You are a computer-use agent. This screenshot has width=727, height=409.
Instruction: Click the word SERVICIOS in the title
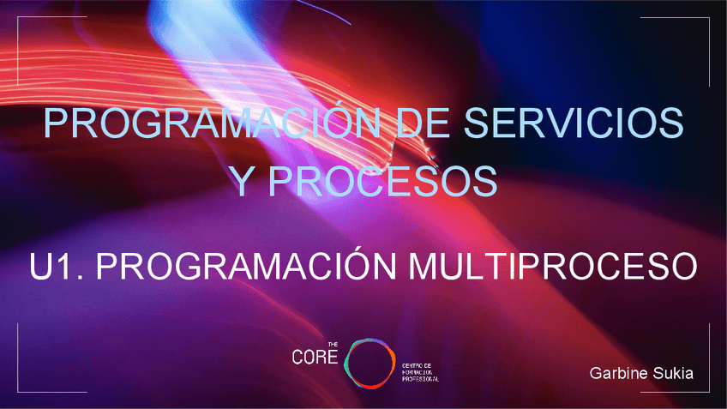(574, 124)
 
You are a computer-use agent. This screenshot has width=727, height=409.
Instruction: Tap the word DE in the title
(423, 124)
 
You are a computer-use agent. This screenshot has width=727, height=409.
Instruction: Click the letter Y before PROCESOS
(243, 181)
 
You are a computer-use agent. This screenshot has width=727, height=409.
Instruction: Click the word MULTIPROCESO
(553, 267)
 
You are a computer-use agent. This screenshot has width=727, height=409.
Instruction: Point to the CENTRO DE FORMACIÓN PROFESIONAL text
(420, 371)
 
